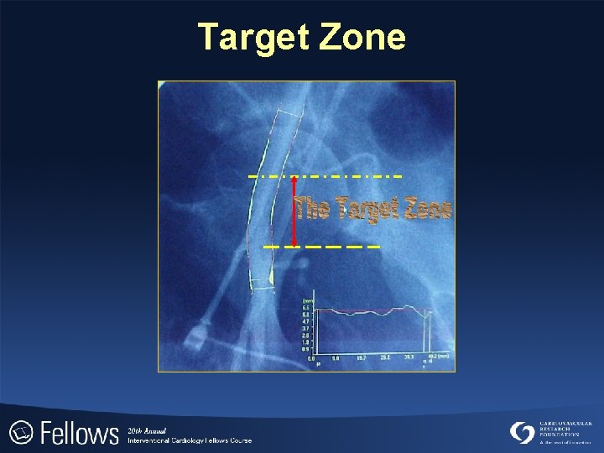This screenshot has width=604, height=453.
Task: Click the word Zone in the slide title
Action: pyautogui.click(x=362, y=38)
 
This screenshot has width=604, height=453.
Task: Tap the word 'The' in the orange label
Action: pyautogui.click(x=311, y=208)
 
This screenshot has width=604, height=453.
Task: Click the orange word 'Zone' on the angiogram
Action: pyautogui.click(x=428, y=208)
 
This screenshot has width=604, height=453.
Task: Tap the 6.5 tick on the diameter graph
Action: pyautogui.click(x=306, y=307)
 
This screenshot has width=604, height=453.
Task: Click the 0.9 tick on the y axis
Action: pyautogui.click(x=306, y=349)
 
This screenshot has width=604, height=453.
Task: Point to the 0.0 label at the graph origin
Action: pyautogui.click(x=310, y=358)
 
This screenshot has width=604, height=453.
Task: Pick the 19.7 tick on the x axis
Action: pyautogui.click(x=361, y=357)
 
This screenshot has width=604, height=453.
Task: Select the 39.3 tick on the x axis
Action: pyautogui.click(x=409, y=357)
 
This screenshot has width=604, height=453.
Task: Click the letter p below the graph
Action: pyautogui.click(x=318, y=365)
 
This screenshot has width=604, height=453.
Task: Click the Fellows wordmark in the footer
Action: pyautogui.click(x=79, y=434)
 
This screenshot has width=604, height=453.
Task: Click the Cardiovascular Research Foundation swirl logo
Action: pyautogui.click(x=523, y=432)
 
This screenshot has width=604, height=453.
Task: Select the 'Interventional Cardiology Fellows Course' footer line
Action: pyautogui.click(x=190, y=440)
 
